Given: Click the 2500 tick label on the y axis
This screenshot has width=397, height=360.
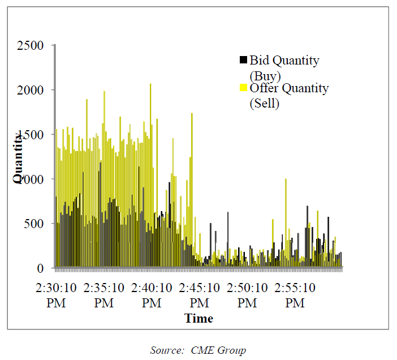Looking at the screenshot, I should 32,45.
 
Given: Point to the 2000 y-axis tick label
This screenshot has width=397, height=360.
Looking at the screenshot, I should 32,90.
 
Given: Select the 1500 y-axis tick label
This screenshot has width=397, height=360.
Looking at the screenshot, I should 32,135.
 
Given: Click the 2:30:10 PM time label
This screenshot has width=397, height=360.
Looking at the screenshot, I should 57,295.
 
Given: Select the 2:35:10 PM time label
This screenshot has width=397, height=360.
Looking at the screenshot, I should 104,295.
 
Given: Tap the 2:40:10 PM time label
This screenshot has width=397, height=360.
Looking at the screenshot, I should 152,295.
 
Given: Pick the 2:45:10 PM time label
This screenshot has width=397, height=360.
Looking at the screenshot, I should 200,295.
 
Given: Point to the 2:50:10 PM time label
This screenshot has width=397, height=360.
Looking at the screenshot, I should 247,295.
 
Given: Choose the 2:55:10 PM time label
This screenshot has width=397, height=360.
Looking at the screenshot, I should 295,295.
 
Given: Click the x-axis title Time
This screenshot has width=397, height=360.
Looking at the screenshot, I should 198,318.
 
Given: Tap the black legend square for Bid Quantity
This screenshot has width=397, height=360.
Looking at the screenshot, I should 244,59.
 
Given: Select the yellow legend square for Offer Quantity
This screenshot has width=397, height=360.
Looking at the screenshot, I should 244,88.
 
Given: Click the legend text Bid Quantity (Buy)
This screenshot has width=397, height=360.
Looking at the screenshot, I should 284,67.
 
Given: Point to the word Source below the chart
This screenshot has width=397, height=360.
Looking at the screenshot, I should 165,350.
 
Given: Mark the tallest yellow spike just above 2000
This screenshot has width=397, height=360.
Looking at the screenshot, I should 150,86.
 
